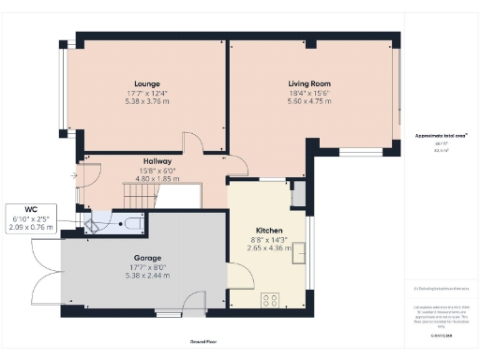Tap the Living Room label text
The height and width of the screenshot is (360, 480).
coord(308,83)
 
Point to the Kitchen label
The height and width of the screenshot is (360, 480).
coord(269,230)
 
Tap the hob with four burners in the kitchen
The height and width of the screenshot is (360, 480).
coord(270,300)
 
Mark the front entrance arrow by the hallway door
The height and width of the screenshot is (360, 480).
coord(73,175)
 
